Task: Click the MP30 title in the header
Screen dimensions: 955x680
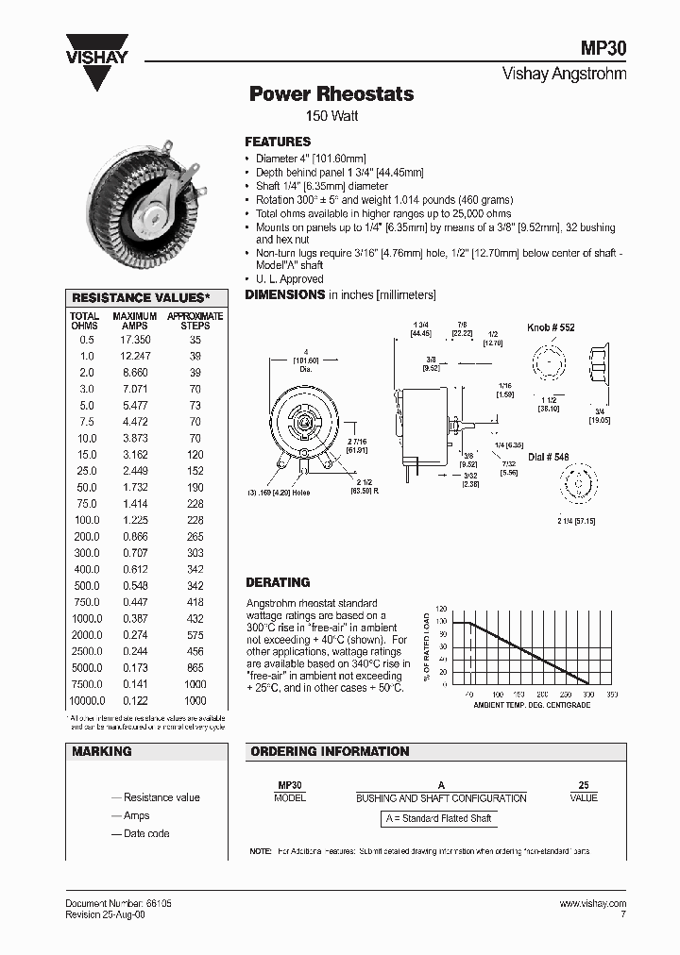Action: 604,49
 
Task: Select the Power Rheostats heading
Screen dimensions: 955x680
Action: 331,94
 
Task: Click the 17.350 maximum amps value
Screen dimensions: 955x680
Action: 135,339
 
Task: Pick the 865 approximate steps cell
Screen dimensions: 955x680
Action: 195,667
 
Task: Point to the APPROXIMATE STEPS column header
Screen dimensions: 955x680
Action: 195,321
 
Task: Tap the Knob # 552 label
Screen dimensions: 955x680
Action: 551,327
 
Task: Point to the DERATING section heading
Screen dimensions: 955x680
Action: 278,582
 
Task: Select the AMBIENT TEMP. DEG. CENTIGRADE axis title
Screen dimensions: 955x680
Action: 532,705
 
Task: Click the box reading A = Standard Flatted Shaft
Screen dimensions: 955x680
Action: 440,818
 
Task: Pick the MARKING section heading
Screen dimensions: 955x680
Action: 102,751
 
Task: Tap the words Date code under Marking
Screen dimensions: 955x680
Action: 146,833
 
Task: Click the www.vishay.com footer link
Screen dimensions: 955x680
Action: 592,903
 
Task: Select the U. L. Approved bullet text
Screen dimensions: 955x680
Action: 289,279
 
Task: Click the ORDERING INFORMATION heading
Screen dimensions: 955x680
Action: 329,751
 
